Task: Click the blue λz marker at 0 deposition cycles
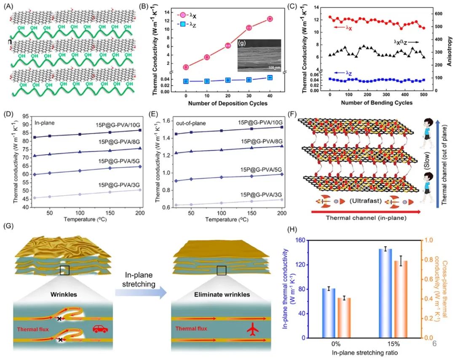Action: coord(186,81)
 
